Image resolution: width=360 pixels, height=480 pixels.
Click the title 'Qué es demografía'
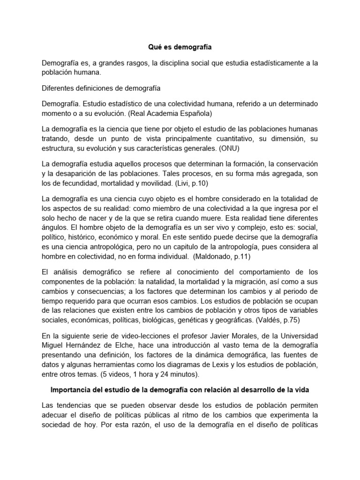[x=180, y=47]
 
